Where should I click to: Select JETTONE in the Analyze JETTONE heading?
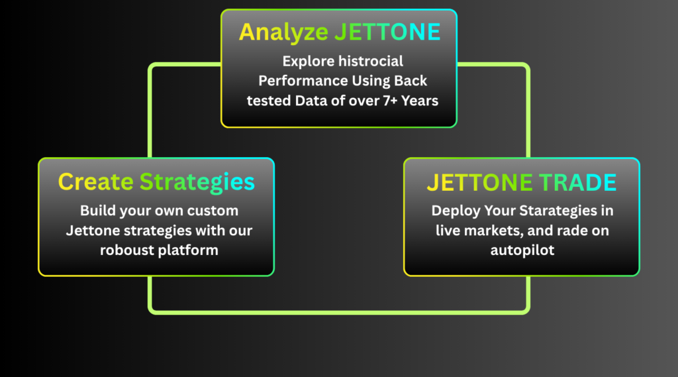[388, 32]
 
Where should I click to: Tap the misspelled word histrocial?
[371, 61]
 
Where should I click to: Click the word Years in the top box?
[419, 101]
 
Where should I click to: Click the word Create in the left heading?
[95, 182]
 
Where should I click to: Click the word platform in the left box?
[188, 250]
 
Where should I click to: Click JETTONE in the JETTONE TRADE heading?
[479, 182]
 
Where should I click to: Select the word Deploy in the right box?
[456, 211]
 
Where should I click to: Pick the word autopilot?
[522, 250]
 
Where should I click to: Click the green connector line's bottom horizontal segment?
[339, 312]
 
